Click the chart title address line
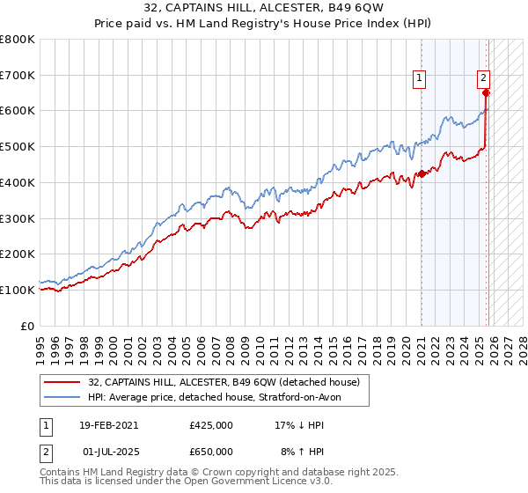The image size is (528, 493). (263, 10)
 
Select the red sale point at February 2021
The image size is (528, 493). (422, 173)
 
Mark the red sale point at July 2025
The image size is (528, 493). (487, 92)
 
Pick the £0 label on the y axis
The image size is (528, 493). (27, 326)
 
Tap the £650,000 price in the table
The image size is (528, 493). (211, 451)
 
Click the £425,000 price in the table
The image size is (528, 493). (211, 424)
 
